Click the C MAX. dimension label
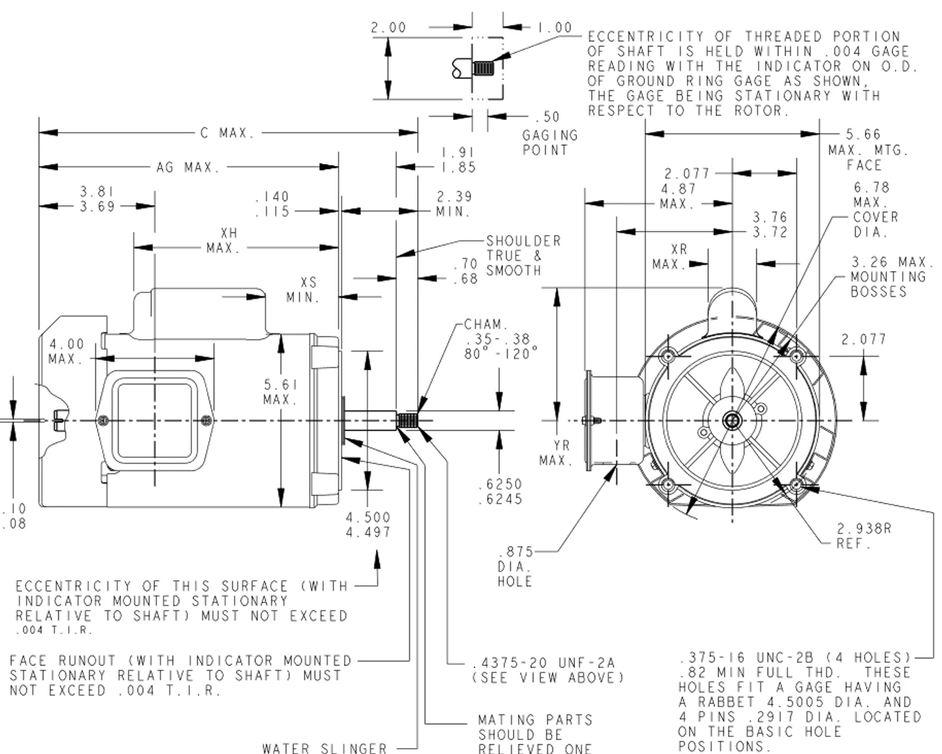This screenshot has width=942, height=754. tap(227, 134)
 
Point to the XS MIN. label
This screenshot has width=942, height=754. tap(303, 290)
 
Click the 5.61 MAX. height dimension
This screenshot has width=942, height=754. tap(280, 392)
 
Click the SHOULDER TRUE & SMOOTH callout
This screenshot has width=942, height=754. tap(523, 256)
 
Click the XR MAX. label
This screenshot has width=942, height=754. tap(669, 257)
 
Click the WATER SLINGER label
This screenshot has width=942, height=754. tap(325, 747)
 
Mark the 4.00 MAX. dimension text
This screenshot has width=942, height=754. tap(67, 351)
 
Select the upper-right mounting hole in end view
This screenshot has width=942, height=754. tap(797, 357)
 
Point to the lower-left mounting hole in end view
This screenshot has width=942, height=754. tap(668, 485)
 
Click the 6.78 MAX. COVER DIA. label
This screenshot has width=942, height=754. tap(876, 210)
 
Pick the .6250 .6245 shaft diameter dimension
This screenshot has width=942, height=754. tap(500, 492)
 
